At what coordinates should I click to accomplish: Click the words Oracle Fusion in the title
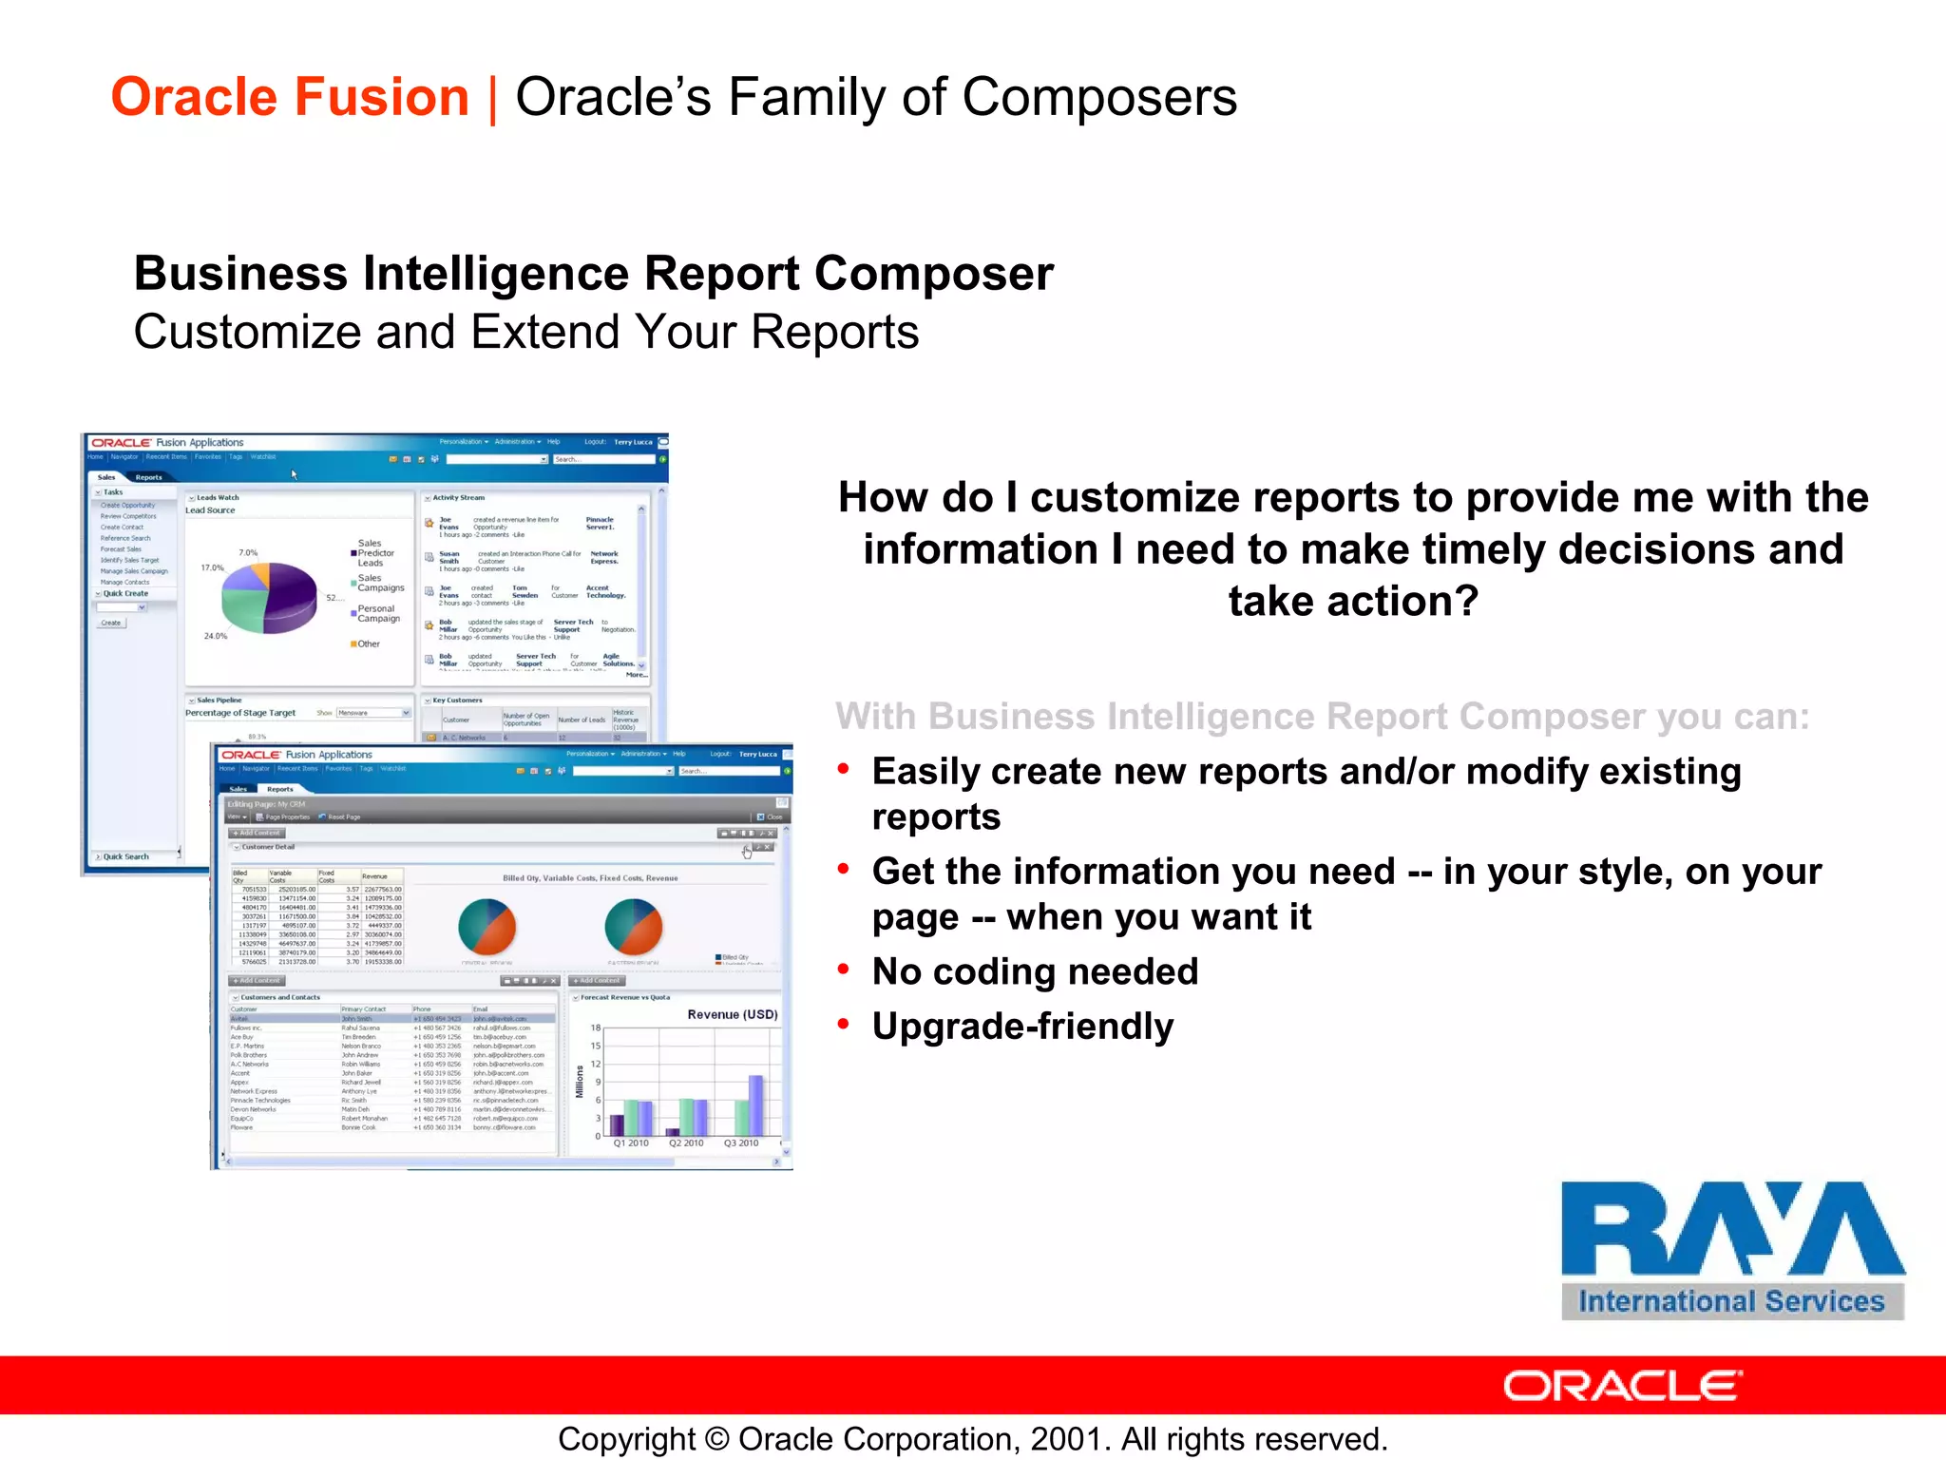(x=290, y=98)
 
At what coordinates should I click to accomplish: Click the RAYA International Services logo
(x=1732, y=1249)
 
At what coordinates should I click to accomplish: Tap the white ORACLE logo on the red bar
(x=1623, y=1387)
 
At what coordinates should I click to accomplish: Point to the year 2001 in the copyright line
(x=1068, y=1439)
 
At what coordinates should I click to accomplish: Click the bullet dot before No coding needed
(x=843, y=970)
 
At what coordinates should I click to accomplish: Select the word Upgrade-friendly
(x=1022, y=1027)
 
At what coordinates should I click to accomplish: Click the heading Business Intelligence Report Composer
(x=593, y=274)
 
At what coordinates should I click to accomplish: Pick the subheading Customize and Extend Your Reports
(x=525, y=333)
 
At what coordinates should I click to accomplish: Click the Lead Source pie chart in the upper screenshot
(x=269, y=597)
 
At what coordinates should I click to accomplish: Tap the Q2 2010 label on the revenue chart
(x=686, y=1143)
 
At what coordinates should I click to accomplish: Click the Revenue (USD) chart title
(x=732, y=1014)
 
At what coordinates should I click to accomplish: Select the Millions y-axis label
(x=579, y=1082)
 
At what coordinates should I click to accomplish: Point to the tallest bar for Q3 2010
(x=755, y=1105)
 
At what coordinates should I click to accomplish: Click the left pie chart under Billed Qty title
(x=486, y=927)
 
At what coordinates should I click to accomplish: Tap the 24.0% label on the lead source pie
(x=216, y=636)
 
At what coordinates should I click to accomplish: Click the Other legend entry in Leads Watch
(x=367, y=644)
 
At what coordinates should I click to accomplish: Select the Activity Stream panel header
(x=458, y=498)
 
